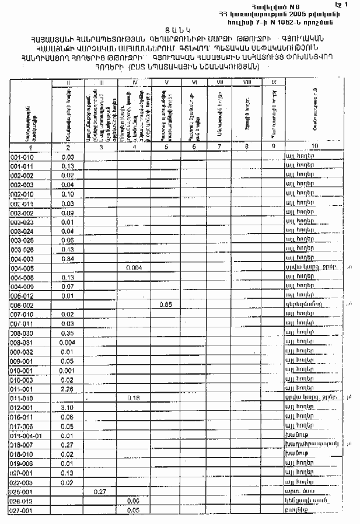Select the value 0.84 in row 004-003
click(68, 259)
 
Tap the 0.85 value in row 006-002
click(166, 305)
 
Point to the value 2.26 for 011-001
click(68, 388)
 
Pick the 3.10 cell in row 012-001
click(68, 407)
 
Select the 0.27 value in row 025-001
click(100, 491)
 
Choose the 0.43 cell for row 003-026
click(68, 250)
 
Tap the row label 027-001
click(23, 509)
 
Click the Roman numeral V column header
click(166, 82)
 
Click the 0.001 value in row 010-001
click(68, 370)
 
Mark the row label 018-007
click(23, 444)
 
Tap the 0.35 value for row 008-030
click(68, 333)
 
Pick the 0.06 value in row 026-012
click(134, 501)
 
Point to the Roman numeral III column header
click(100, 82)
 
